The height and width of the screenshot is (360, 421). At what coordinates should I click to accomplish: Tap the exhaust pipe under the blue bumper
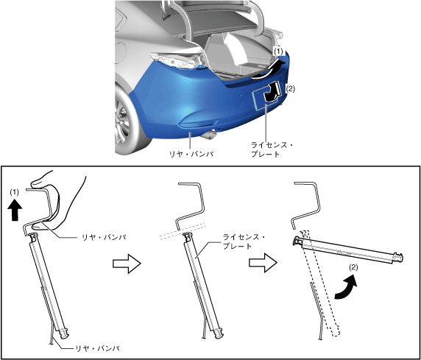click(x=208, y=134)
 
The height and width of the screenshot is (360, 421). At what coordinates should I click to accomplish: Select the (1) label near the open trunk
click(x=278, y=51)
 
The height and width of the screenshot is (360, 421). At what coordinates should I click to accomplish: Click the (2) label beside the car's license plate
click(x=290, y=88)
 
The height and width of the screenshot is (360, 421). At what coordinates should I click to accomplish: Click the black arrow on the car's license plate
click(x=272, y=92)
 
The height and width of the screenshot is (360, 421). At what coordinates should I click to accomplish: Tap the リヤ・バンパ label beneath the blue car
click(x=191, y=154)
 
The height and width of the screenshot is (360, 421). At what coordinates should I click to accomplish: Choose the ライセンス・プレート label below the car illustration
click(x=272, y=149)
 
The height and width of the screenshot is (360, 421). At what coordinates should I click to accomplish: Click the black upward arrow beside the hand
click(x=15, y=211)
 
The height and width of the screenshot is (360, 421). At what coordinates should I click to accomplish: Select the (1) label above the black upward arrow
click(x=15, y=192)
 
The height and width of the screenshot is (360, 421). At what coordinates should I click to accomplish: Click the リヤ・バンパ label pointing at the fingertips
click(x=104, y=237)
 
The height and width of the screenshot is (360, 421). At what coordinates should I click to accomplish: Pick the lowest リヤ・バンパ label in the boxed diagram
click(x=97, y=348)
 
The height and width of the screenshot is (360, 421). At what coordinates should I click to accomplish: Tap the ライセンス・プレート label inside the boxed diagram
click(x=244, y=241)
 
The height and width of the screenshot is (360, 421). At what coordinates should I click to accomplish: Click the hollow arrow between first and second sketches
click(x=127, y=264)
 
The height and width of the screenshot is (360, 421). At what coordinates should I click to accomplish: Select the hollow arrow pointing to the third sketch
click(x=263, y=263)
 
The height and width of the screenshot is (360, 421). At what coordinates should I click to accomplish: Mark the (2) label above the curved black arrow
click(x=353, y=267)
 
